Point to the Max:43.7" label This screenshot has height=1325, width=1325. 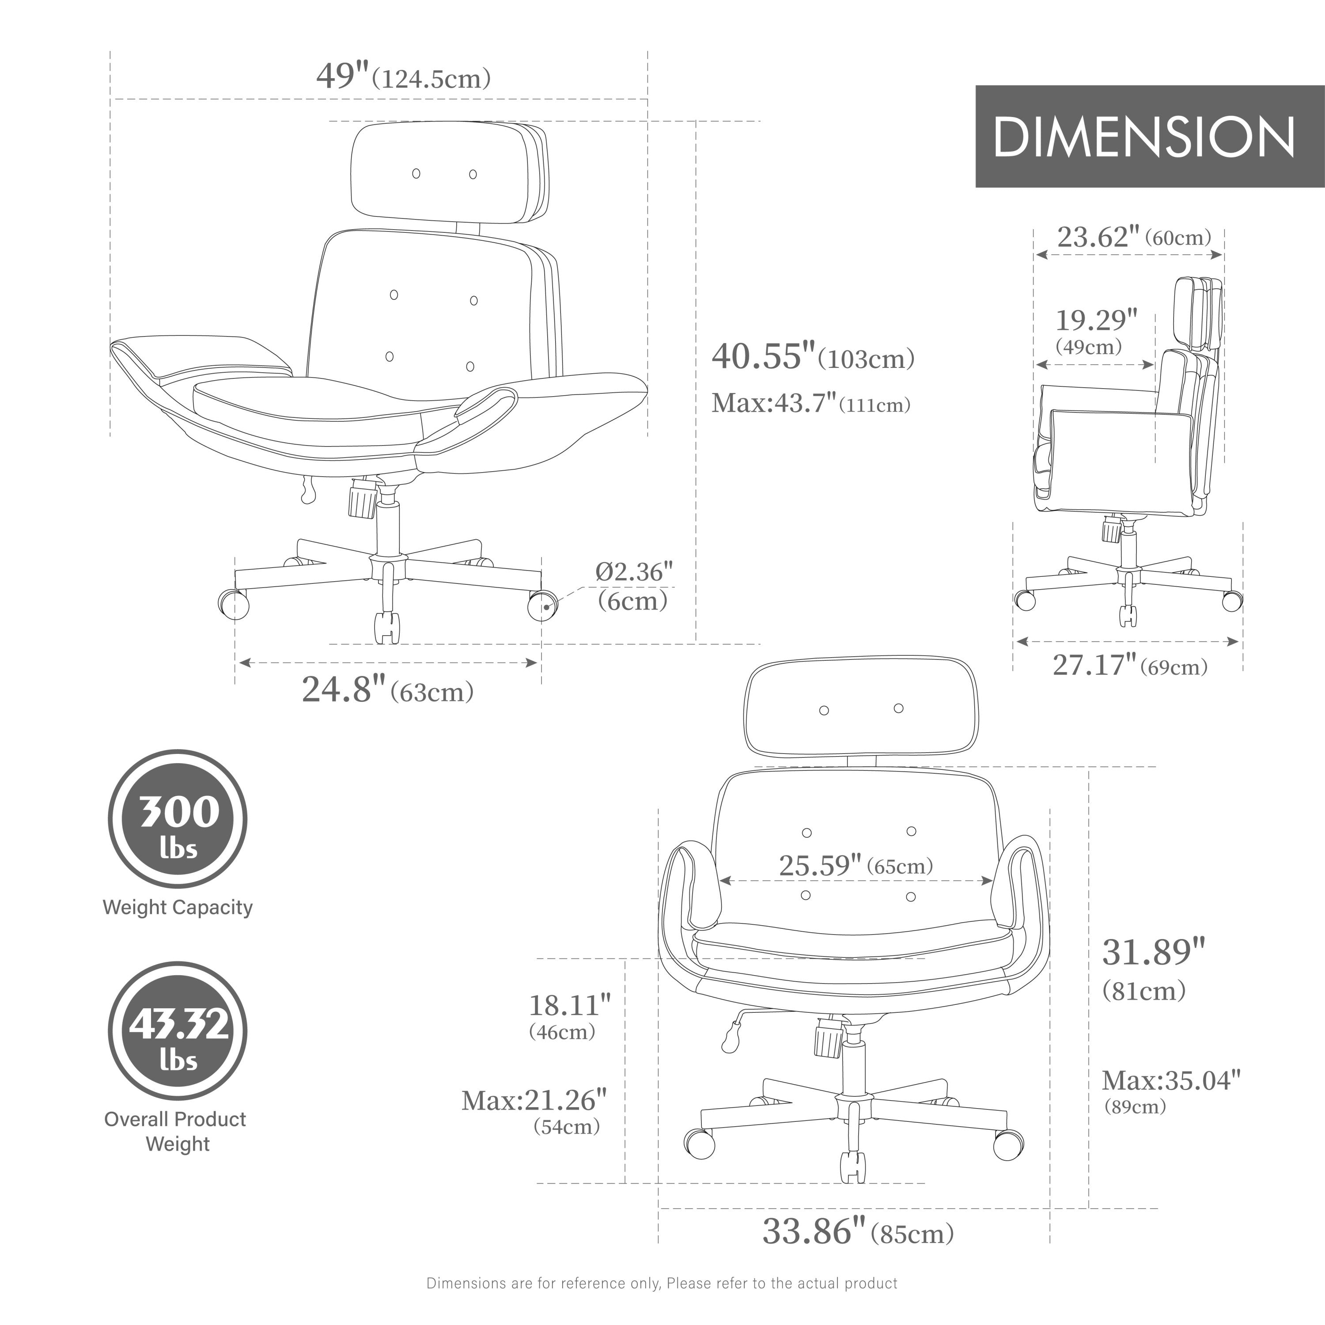(x=810, y=403)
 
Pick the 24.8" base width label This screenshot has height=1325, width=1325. (x=387, y=690)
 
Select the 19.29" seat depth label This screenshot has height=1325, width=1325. (x=1096, y=330)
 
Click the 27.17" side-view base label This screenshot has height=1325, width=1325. (x=1129, y=665)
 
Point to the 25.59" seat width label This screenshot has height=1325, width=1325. (x=856, y=866)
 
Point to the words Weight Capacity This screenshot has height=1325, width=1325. (x=178, y=907)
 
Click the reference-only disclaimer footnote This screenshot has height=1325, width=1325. (x=662, y=1283)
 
